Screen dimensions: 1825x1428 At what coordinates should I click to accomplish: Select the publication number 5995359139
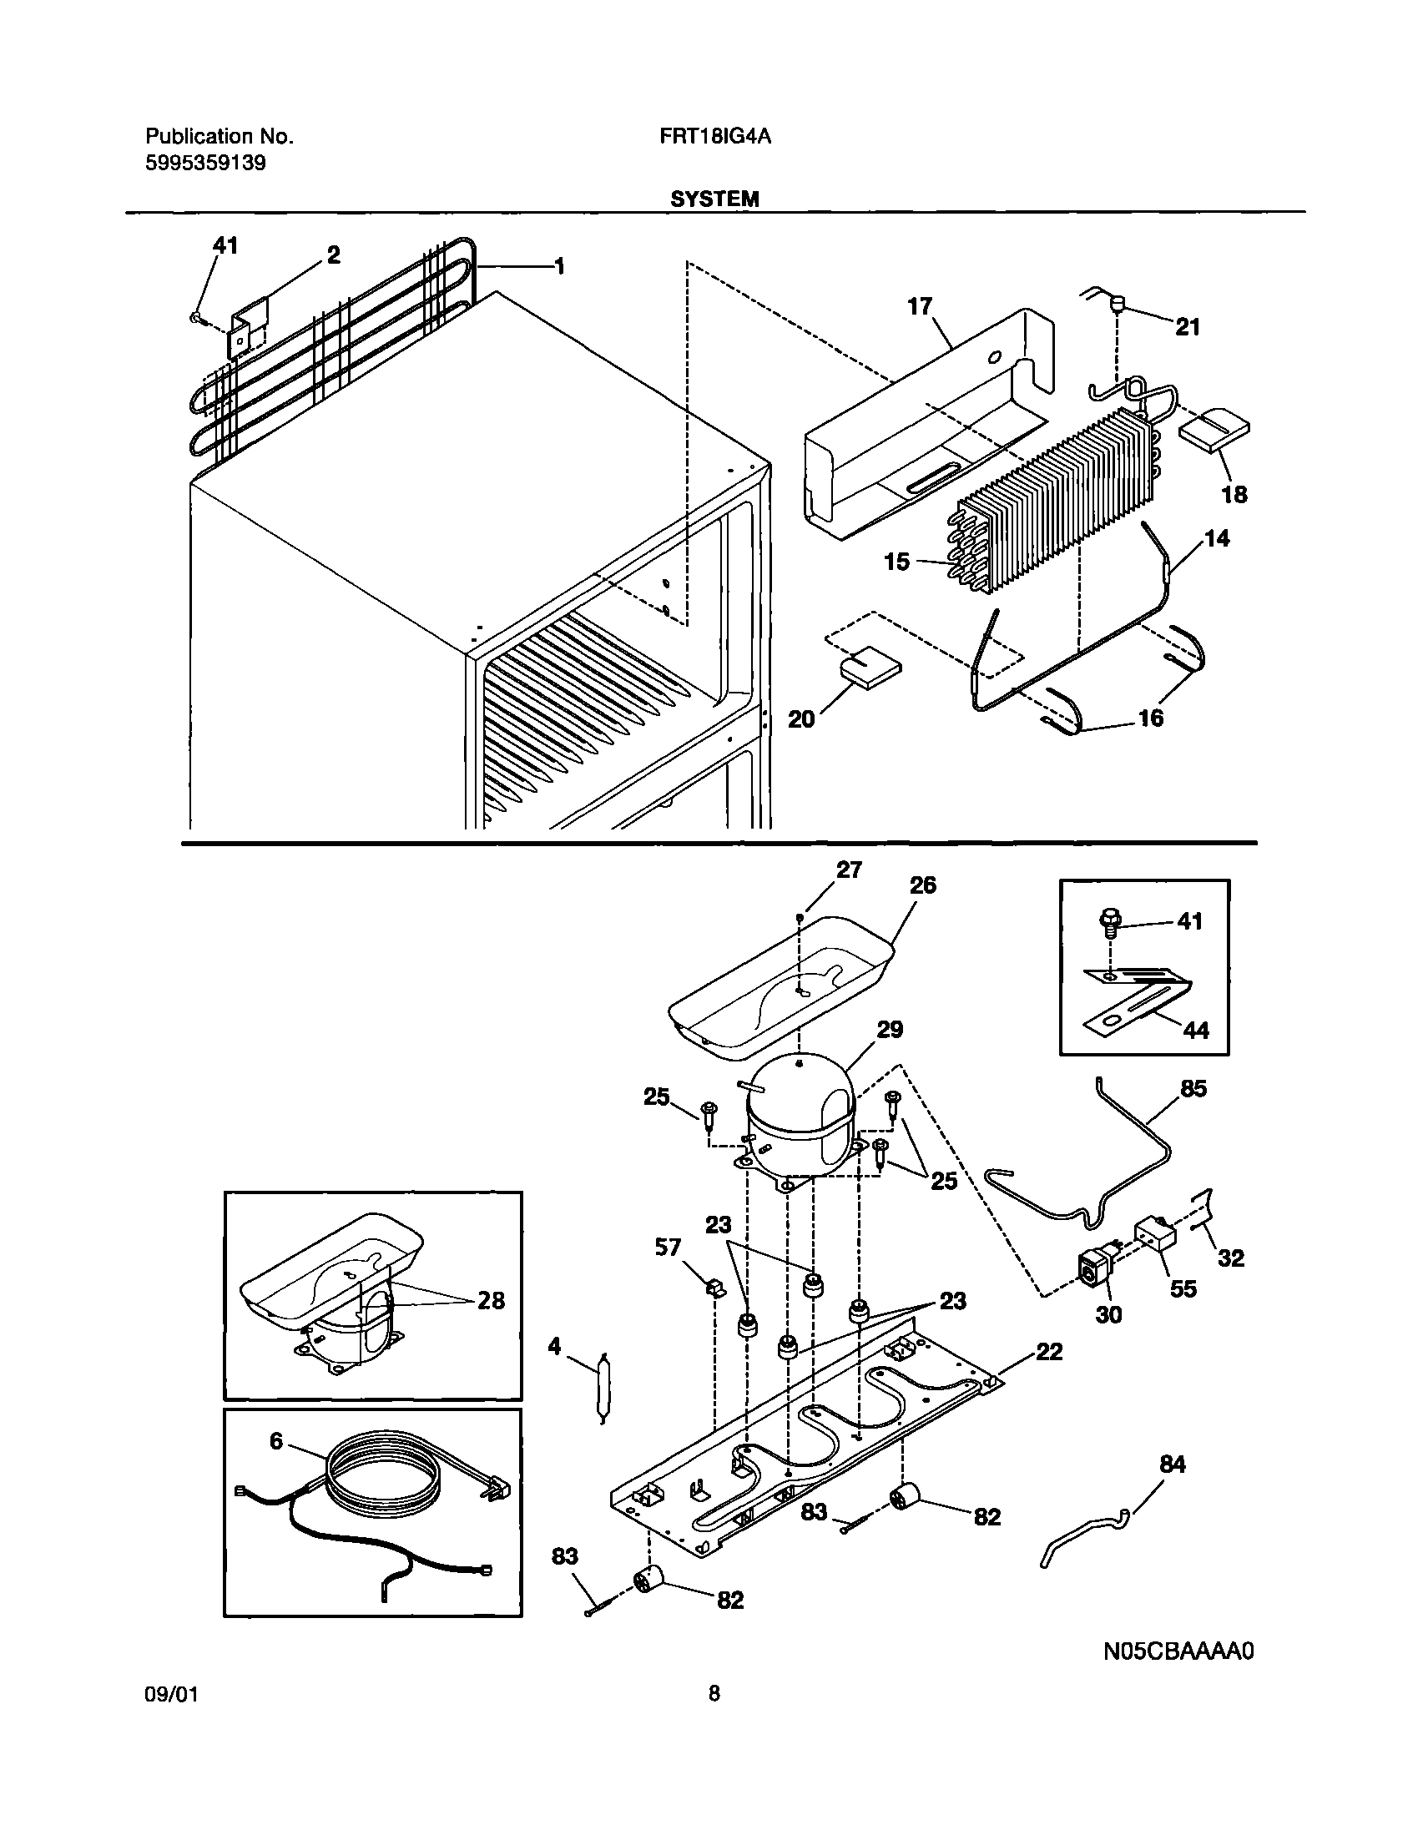205,163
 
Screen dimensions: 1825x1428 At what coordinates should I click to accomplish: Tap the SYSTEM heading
714,199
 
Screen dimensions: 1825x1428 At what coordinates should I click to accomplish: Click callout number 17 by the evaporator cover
920,307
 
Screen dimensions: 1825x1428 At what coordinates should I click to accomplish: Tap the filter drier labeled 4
603,1388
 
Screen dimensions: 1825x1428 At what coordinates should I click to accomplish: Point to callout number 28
491,1301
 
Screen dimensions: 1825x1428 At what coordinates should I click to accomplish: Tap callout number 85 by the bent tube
1193,1089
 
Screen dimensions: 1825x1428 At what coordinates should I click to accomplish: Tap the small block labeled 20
871,670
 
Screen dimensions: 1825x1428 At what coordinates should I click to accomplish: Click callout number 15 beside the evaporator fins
896,562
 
